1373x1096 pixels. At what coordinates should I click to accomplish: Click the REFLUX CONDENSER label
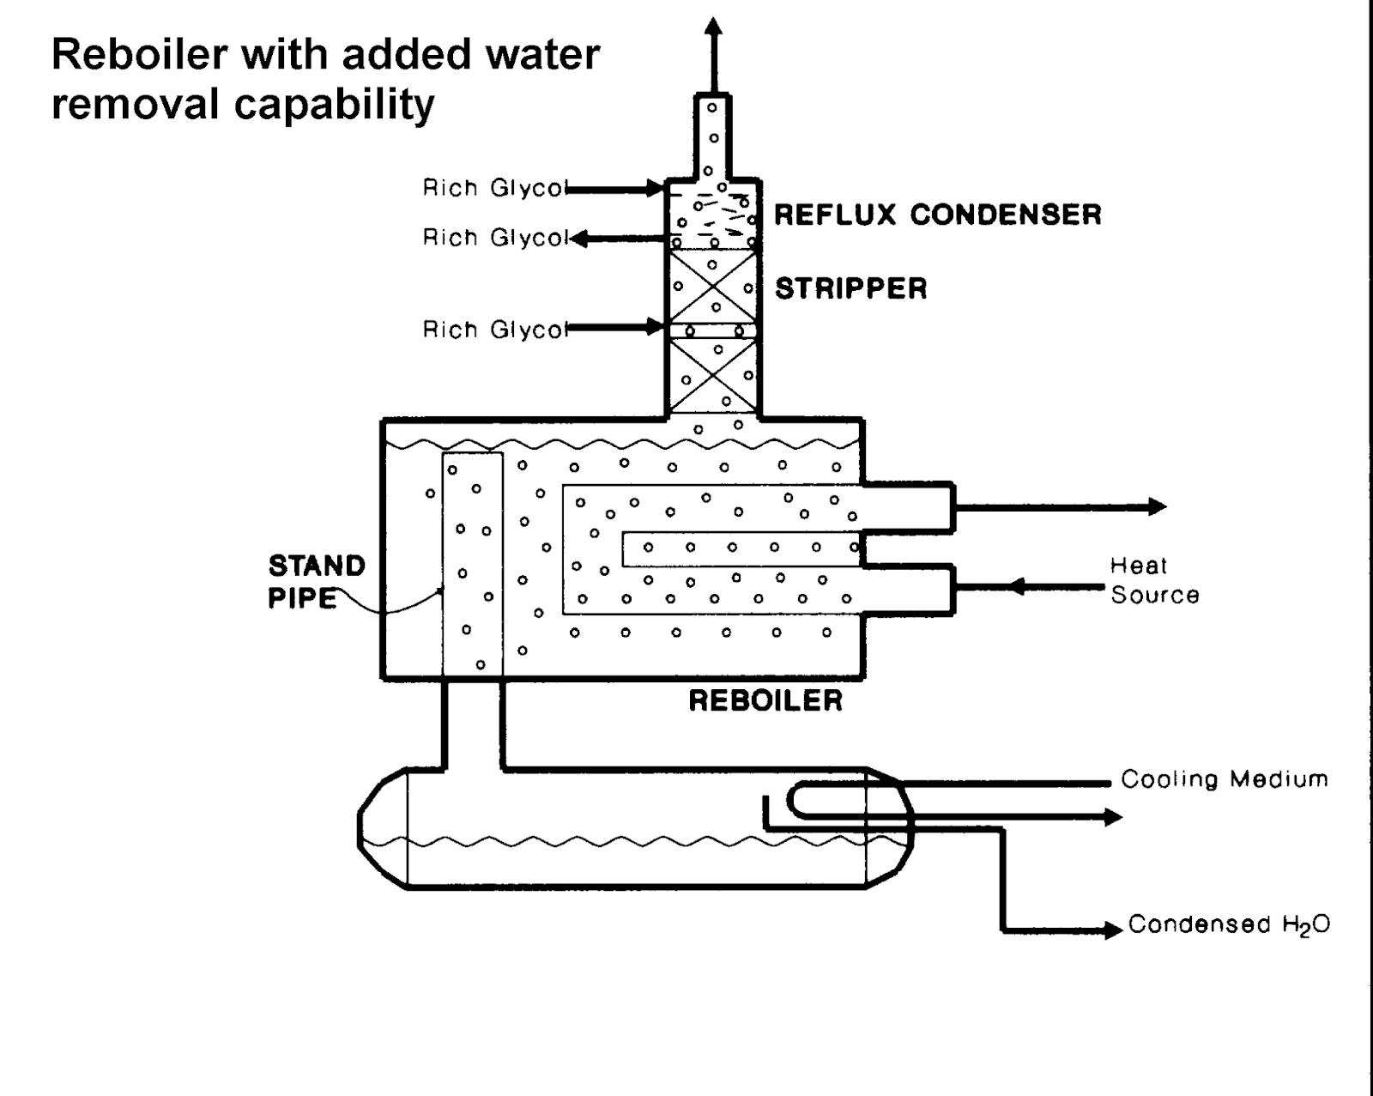[x=937, y=215]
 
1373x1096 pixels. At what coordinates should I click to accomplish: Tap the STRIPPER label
[x=850, y=288]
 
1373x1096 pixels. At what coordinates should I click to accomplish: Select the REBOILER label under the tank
[x=765, y=700]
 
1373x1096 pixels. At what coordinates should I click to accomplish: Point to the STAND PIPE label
[x=317, y=582]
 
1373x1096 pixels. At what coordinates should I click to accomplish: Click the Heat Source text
[x=1154, y=580]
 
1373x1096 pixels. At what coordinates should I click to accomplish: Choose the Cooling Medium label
[x=1225, y=779]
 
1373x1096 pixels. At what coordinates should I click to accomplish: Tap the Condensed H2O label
[x=1229, y=924]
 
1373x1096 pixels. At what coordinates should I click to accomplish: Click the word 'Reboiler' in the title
[x=140, y=55]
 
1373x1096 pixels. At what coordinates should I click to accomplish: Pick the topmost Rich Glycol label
[x=495, y=188]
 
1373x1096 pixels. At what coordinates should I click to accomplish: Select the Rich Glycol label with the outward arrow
[x=495, y=238]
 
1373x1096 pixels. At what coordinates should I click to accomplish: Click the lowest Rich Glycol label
[x=495, y=330]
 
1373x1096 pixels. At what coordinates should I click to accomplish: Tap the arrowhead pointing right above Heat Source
[x=1157, y=506]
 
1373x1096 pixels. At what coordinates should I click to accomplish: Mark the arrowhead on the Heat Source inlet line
[x=1017, y=587]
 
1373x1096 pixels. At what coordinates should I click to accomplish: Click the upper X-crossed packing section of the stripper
[x=713, y=287]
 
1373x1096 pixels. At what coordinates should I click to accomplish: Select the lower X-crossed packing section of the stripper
[x=713, y=376]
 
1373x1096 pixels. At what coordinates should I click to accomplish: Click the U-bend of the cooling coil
[x=793, y=800]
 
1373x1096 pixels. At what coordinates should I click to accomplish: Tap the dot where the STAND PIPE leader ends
[x=440, y=590]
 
